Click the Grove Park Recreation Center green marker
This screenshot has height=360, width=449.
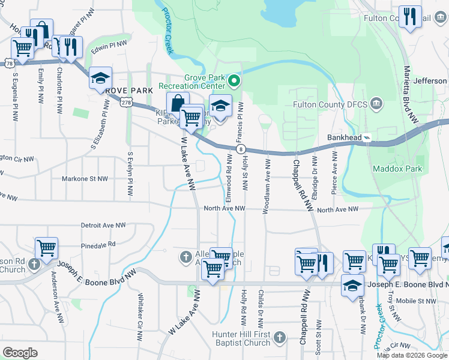click(235, 80)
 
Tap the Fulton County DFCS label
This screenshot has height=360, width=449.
click(329, 104)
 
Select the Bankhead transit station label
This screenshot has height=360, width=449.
click(345, 137)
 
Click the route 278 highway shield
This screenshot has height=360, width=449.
click(125, 103)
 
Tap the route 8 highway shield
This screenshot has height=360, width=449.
click(240, 149)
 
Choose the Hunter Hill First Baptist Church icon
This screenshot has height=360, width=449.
click(279, 338)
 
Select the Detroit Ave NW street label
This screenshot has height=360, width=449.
click(106, 226)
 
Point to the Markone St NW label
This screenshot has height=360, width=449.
click(85, 178)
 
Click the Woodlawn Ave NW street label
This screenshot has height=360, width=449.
click(266, 186)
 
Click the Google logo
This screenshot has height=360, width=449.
click(20, 353)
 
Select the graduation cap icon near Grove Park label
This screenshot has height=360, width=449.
click(101, 78)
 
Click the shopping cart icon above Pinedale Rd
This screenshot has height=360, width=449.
click(46, 248)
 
